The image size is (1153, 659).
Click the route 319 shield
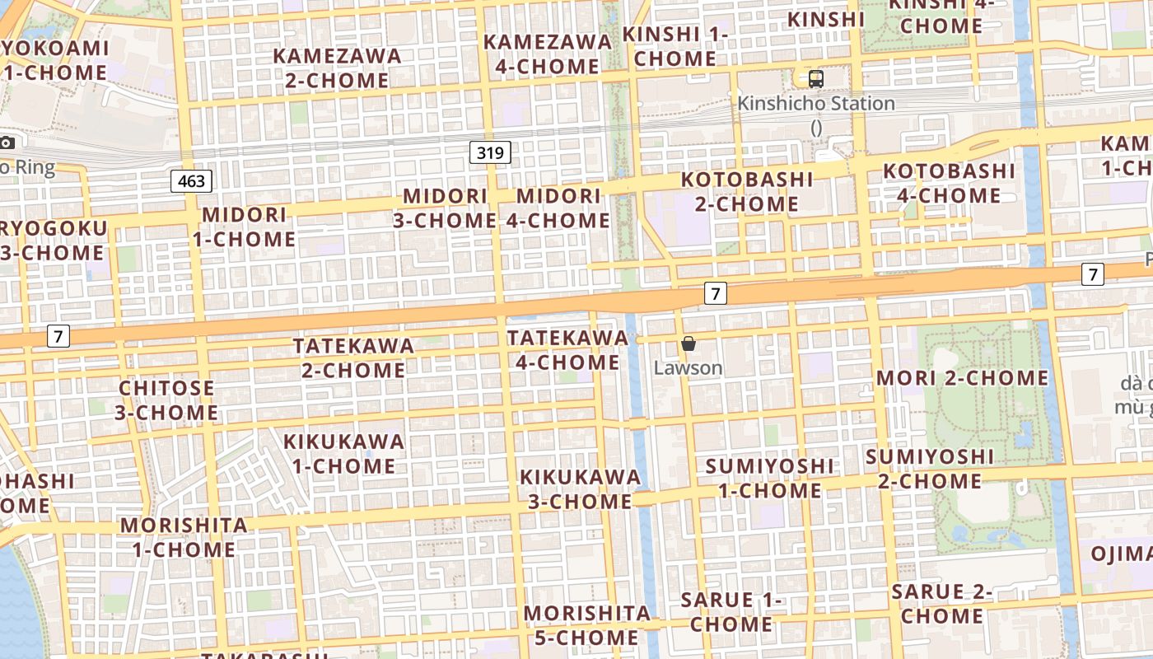490,152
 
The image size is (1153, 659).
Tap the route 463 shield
191,181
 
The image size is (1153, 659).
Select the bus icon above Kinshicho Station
815,79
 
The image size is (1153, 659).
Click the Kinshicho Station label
815,104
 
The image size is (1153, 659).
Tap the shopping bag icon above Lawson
689,344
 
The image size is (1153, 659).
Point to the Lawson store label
688,368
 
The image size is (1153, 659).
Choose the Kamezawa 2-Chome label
337,68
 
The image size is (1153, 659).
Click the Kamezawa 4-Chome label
547,54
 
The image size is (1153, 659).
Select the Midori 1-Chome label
244,227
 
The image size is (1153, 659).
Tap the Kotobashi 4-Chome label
949,183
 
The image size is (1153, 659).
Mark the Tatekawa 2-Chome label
353,358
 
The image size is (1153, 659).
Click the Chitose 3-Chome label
166,400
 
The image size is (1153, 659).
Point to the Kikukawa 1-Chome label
343,453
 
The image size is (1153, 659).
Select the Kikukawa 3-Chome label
580,489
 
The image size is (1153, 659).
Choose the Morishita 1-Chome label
184,537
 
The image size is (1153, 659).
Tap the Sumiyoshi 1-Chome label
769,479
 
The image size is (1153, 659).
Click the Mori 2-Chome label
962,378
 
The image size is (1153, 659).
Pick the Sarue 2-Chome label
941,603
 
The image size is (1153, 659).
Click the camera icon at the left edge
7,143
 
